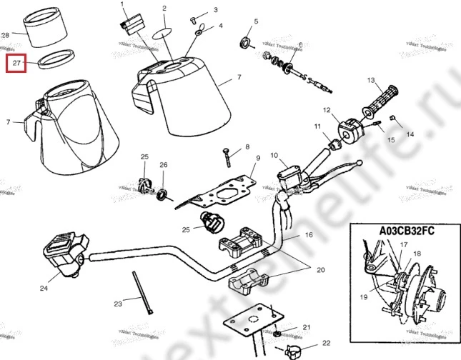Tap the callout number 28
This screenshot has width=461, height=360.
pos(6,34)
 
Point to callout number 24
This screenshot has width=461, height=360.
pos(44,289)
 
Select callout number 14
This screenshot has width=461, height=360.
pos(410,134)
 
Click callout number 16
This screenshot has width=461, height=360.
pos(309,234)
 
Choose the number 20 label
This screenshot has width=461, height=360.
pos(320,270)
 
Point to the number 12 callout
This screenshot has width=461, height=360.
pos(327,111)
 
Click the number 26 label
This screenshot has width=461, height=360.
pos(163,165)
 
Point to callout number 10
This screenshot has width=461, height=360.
pos(273,155)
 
